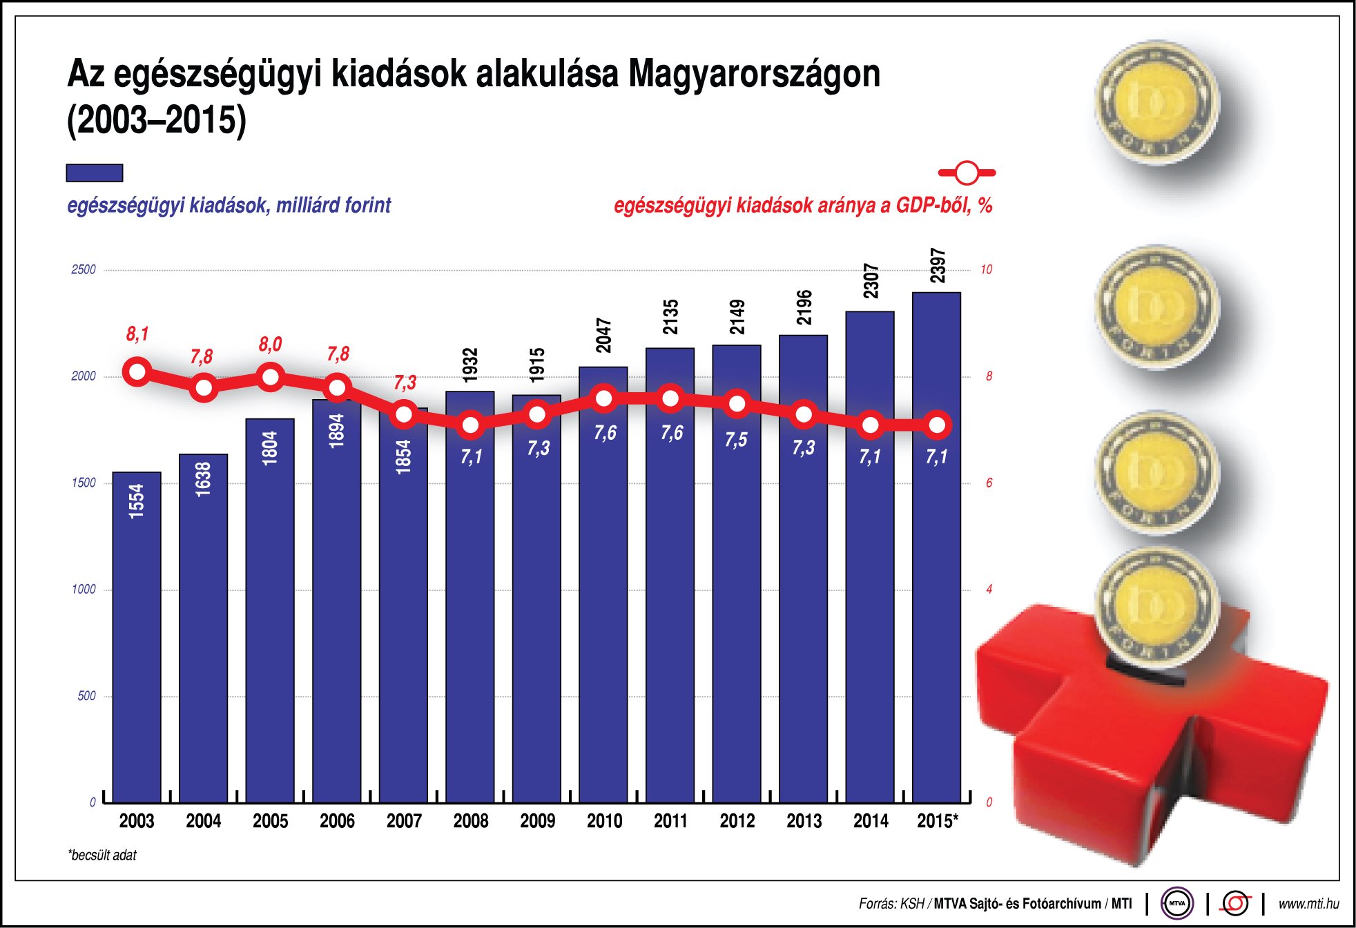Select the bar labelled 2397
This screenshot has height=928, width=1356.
coord(936,552)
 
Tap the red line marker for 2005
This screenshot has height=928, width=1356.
coord(270,377)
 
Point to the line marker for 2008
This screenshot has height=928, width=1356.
coord(470,425)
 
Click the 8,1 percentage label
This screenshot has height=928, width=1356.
coord(137,334)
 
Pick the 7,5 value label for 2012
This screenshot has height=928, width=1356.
coord(736,440)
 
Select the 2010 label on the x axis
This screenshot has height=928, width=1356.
coord(604,821)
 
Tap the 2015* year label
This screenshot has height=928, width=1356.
coord(937,821)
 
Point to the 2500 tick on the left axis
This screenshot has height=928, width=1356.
coord(84,270)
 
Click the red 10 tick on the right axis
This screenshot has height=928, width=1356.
coord(986,270)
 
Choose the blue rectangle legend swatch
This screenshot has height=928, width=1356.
coord(95,173)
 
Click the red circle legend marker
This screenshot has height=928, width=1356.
coord(967,173)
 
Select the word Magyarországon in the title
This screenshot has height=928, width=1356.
coord(754,75)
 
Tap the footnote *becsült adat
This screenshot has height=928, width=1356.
coord(102,855)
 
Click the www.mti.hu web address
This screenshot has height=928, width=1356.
coord(1308,903)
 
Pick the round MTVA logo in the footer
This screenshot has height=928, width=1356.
coord(1177,903)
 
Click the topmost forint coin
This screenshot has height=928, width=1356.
coord(1157,102)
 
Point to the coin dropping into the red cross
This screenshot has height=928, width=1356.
coord(1157,608)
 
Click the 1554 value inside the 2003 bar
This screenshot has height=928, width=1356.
coord(137,501)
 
